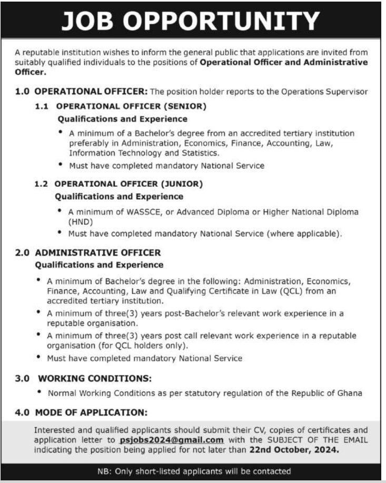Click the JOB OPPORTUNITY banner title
pyautogui.click(x=190, y=21)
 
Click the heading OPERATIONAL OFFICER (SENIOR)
pyautogui.click(x=131, y=106)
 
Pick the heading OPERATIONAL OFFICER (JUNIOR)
pyautogui.click(x=128, y=184)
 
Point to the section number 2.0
pyautogui.click(x=23, y=253)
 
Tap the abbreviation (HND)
pyautogui.click(x=79, y=222)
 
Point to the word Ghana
pyautogui.click(x=350, y=393)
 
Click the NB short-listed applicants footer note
pyautogui.click(x=194, y=471)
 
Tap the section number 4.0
pyautogui.click(x=23, y=413)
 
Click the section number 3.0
pyautogui.click(x=23, y=378)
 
